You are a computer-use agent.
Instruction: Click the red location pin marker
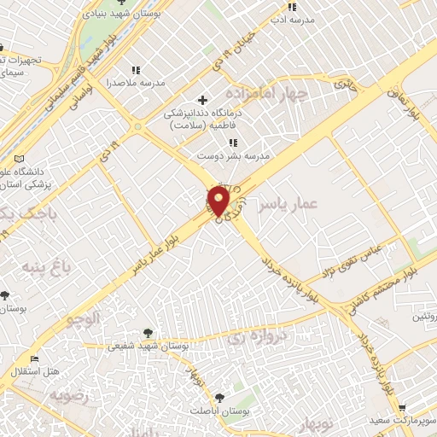218,201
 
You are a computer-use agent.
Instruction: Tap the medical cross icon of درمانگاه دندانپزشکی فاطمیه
202,100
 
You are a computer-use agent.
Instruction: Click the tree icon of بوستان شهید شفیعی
149,331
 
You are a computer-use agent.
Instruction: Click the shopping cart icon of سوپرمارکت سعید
401,408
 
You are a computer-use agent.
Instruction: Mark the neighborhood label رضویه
68,396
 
